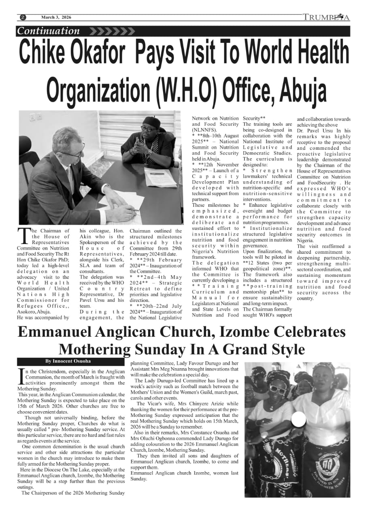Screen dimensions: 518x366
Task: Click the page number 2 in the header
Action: click(x=23, y=17)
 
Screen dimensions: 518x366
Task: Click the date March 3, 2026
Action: click(x=56, y=17)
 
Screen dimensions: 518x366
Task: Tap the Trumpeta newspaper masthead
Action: click(x=326, y=17)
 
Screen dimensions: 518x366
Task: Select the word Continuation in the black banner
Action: click(x=49, y=31)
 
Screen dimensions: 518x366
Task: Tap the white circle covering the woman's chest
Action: click(x=299, y=421)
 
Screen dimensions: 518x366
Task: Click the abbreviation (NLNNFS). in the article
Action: click(x=205, y=130)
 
